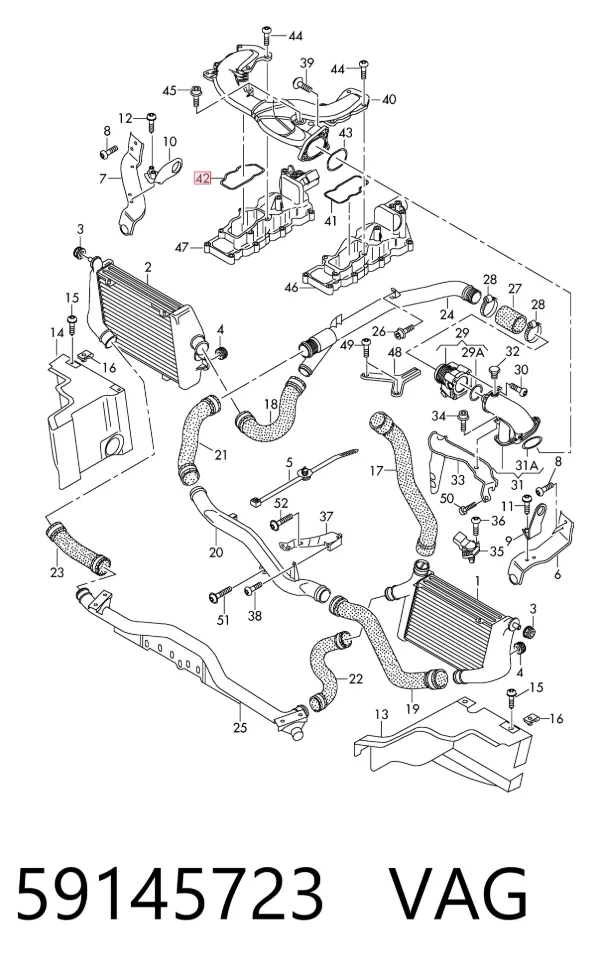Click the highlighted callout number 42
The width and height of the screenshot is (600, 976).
(x=202, y=178)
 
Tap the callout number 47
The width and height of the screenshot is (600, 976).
(x=181, y=248)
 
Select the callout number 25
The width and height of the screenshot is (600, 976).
(x=240, y=727)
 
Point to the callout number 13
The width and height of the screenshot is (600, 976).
(x=382, y=714)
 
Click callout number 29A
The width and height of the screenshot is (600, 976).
(x=473, y=352)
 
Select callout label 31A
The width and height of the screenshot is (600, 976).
(x=527, y=465)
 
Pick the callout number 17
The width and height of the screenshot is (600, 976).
(x=377, y=471)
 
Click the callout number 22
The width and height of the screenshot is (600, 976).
(x=355, y=678)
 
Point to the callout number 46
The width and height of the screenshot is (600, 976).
(x=291, y=288)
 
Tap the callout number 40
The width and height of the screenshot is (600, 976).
(x=389, y=99)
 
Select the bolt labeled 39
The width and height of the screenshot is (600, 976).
(x=304, y=84)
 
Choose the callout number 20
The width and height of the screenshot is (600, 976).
(x=216, y=551)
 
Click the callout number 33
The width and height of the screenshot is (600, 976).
(x=458, y=480)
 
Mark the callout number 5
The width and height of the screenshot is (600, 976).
(x=289, y=462)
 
